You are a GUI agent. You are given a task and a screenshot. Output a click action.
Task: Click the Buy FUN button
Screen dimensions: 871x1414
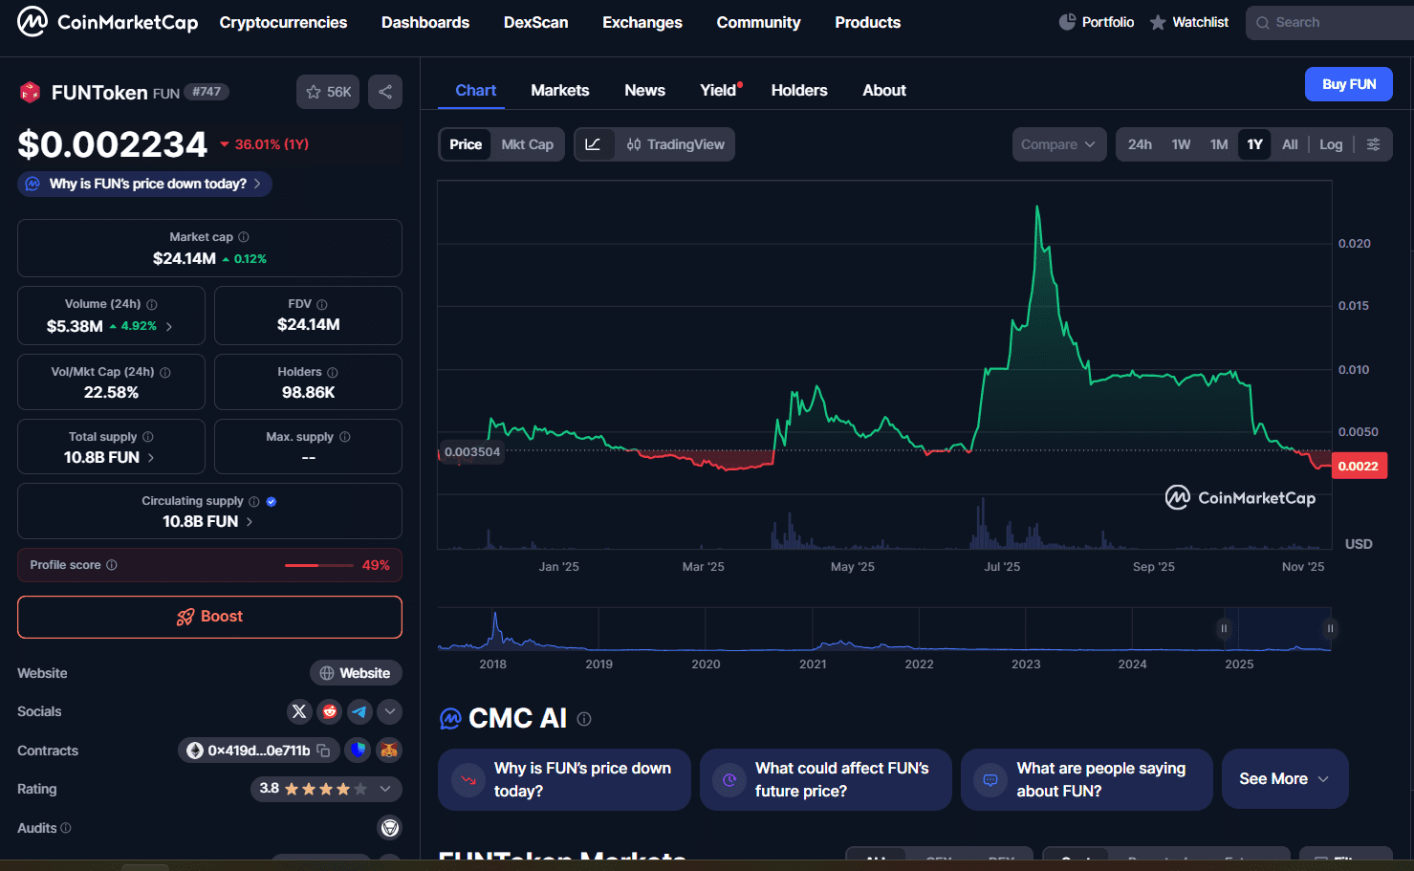(1348, 84)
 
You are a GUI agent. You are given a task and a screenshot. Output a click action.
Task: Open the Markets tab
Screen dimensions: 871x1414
(559, 90)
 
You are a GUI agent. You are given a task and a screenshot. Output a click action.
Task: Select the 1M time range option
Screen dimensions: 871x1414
(1218, 144)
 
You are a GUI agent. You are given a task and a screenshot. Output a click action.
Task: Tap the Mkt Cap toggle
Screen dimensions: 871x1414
(527, 144)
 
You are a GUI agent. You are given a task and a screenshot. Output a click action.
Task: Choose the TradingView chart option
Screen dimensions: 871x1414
(675, 144)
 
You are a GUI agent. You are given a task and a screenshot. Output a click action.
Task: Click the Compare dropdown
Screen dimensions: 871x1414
(1058, 144)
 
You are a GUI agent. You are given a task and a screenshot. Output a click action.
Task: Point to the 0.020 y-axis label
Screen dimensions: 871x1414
(1354, 244)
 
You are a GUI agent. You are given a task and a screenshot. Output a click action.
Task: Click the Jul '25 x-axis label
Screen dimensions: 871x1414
(1002, 567)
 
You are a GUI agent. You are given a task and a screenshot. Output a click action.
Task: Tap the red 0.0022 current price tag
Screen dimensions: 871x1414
(1358, 467)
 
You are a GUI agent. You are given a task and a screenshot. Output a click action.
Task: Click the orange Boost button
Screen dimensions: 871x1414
(209, 617)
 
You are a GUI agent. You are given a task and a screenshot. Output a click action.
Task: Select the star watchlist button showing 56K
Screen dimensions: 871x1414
(328, 92)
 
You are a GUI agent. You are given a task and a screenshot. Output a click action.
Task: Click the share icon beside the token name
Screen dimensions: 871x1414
(385, 92)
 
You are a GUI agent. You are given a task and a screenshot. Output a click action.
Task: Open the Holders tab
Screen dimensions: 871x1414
(798, 90)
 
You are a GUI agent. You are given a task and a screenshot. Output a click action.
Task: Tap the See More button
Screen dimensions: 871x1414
(1284, 779)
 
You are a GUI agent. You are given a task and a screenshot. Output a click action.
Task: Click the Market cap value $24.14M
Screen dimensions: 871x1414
(185, 258)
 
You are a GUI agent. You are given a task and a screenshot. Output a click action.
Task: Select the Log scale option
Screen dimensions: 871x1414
(1330, 144)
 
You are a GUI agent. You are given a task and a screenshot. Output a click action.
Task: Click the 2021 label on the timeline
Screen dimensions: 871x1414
(813, 664)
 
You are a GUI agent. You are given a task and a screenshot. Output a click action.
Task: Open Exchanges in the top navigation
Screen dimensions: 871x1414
(642, 22)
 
